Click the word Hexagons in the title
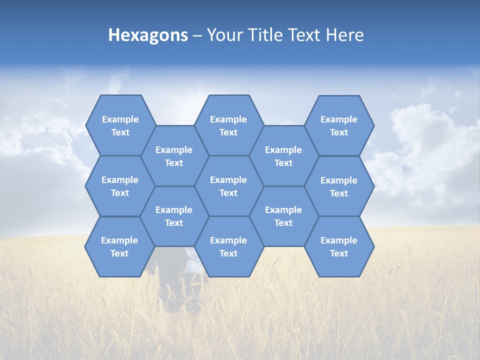point(148,35)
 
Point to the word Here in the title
point(345,35)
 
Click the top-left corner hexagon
point(120,125)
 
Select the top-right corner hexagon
point(339,125)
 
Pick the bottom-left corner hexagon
point(119,246)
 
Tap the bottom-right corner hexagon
point(339,246)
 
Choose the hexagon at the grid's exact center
point(228,186)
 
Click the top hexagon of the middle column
point(228,125)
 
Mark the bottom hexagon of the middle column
point(228,246)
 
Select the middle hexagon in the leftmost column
point(120,186)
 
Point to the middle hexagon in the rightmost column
point(339,186)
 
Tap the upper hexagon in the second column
point(174,156)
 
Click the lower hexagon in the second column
point(174,216)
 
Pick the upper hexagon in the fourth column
point(283,156)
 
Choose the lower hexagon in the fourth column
point(283,216)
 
